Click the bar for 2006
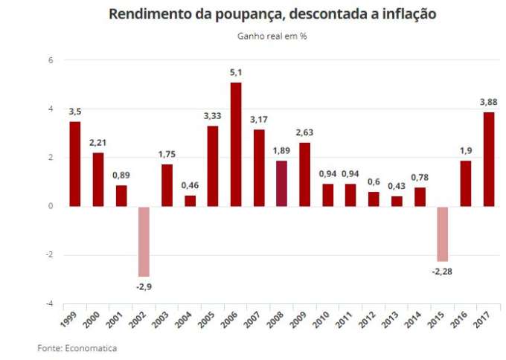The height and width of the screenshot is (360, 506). coord(236,144)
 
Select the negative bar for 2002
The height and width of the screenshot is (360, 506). coord(144,241)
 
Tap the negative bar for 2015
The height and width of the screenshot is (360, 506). coord(443,234)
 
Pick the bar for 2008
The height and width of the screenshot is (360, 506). coord(281,183)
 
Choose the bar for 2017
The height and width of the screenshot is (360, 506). coord(488,159)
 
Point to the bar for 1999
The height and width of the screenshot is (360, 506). coord(75,164)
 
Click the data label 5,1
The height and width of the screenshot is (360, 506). coord(236,72)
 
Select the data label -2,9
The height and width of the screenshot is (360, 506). coord(144,286)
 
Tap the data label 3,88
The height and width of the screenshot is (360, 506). coord(488,102)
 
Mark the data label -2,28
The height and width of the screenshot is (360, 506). coord(442,271)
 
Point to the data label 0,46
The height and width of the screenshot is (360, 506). coord(190,184)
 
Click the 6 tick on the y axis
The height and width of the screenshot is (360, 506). coord(51,60)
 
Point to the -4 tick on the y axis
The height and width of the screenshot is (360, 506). coord(49,303)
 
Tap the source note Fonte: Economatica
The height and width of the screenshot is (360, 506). coord(77,347)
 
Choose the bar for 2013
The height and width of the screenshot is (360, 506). coord(397,201)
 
